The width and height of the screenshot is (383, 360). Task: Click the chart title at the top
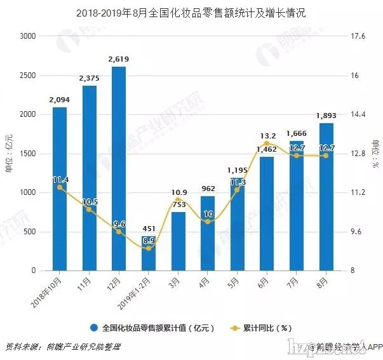click(x=191, y=12)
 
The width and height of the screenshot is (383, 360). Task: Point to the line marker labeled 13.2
click(x=267, y=143)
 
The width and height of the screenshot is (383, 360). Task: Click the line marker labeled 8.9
click(x=149, y=248)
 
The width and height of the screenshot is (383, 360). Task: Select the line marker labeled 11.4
click(x=60, y=187)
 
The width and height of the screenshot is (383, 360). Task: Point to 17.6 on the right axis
click(x=359, y=37)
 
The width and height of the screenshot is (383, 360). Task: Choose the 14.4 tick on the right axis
click(x=359, y=115)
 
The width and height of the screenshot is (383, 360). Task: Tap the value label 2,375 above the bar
click(x=90, y=78)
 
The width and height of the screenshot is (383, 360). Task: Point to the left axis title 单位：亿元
click(x=10, y=154)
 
